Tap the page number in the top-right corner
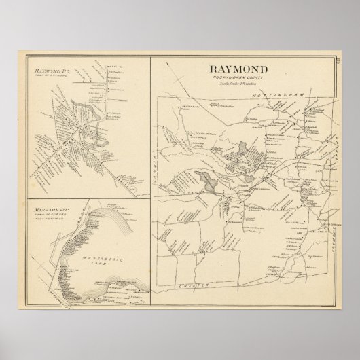click(336, 62)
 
